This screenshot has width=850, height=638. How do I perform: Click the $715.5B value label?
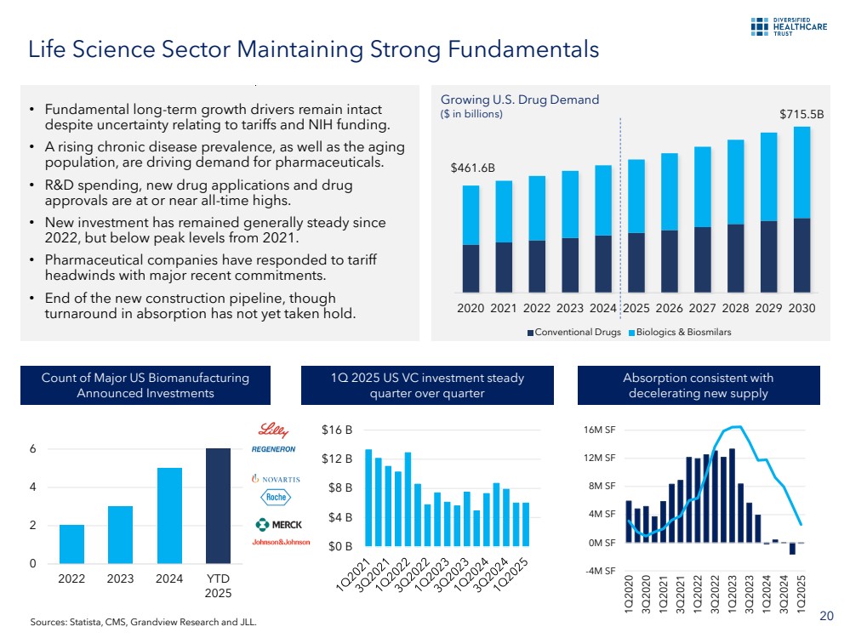[x=802, y=112]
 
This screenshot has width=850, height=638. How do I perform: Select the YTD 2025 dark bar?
[x=219, y=505]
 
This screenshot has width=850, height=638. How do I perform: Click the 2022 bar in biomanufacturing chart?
[x=71, y=544]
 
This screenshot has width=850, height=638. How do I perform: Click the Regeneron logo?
[x=273, y=448]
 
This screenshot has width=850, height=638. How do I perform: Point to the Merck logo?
[x=277, y=524]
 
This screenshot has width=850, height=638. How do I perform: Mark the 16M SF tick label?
[x=602, y=430]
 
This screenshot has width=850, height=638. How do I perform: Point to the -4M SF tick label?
[x=602, y=570]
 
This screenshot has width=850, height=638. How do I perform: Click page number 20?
[x=825, y=616]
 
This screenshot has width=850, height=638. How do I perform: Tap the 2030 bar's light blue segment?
[x=802, y=173]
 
